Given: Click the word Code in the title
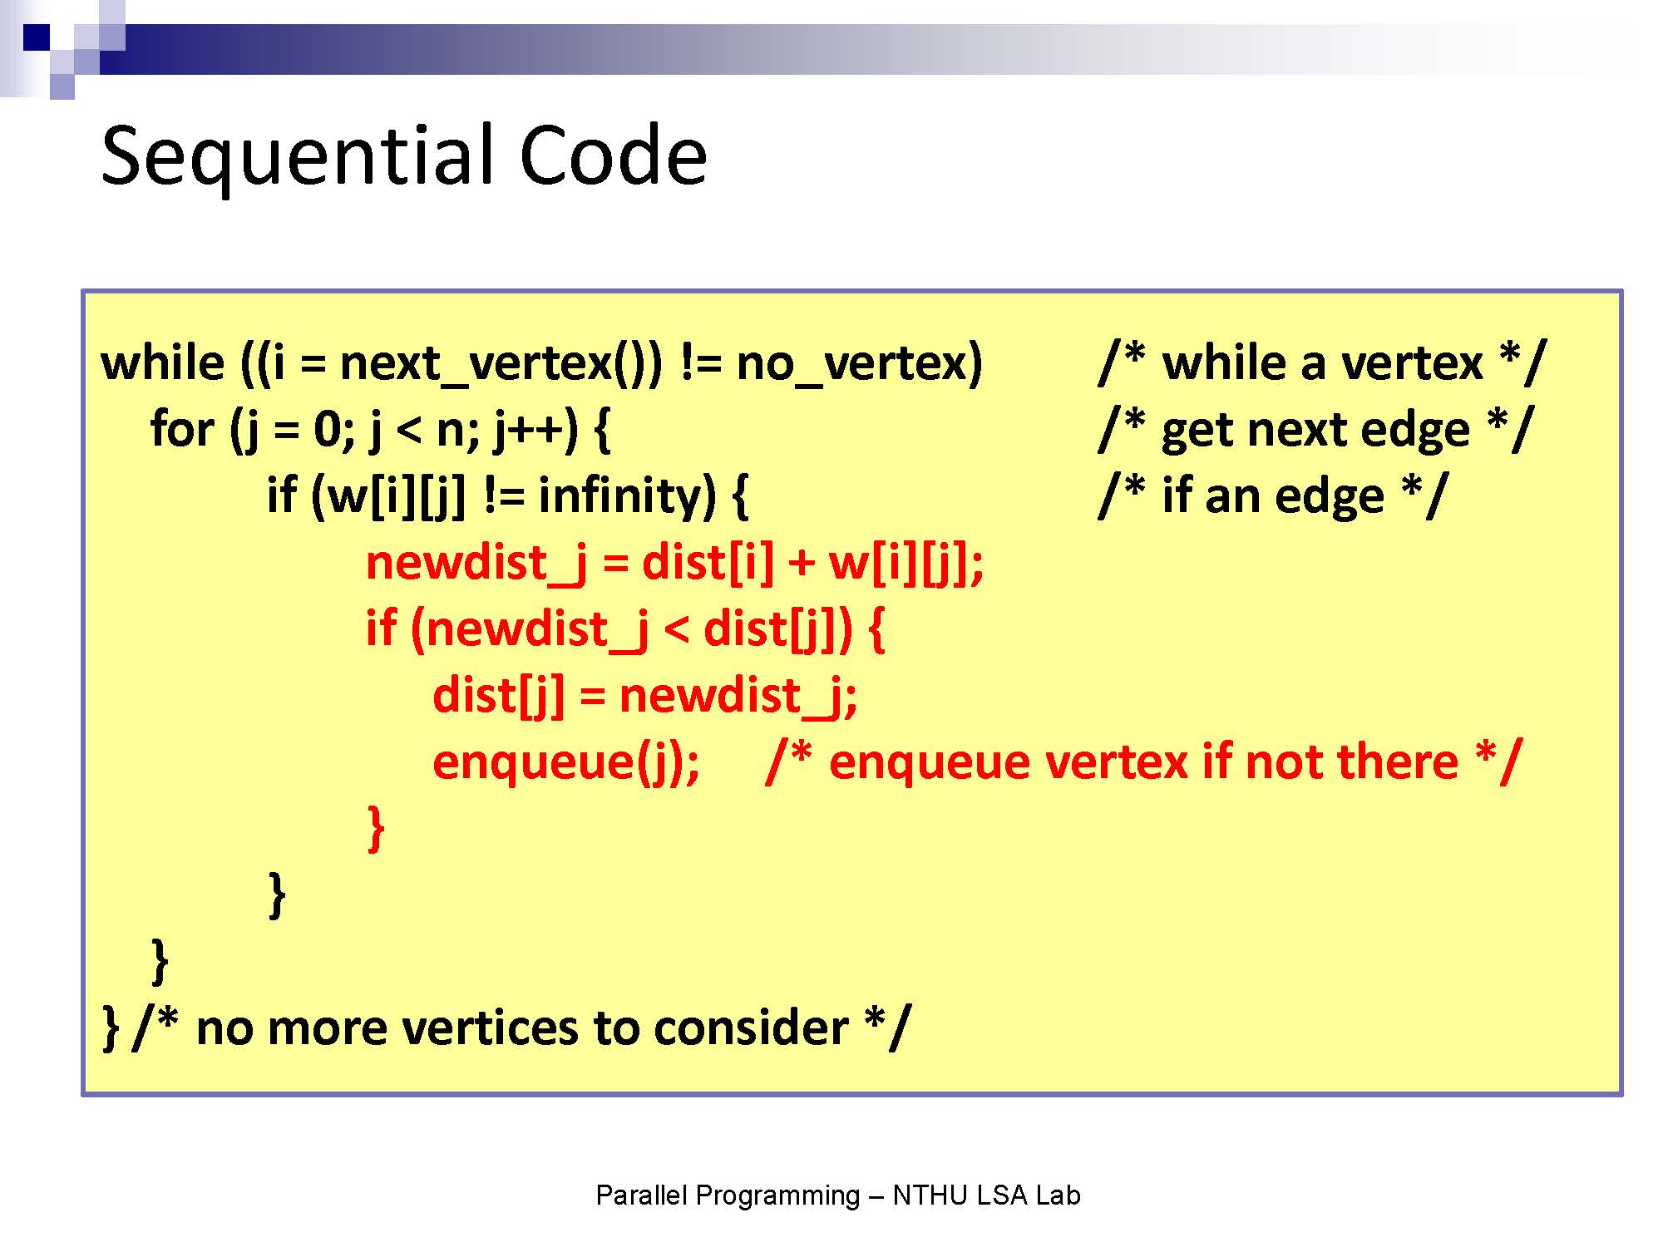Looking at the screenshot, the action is (x=614, y=155).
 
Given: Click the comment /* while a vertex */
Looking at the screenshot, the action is (x=1322, y=364).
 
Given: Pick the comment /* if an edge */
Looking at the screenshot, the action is (x=1273, y=496).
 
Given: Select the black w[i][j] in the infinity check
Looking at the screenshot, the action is (x=397, y=498).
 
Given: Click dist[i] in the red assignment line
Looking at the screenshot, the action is (x=707, y=563).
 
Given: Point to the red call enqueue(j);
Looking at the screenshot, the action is (x=566, y=762).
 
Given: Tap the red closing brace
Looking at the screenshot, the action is (x=376, y=828).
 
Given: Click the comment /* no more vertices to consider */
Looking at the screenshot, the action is (x=522, y=1028).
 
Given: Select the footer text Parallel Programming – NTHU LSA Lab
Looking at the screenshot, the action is (x=838, y=1195).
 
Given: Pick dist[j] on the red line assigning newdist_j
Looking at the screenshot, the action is (x=498, y=696).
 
